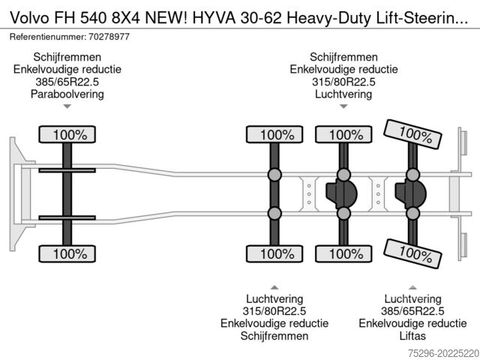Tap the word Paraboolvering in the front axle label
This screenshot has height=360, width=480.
[x=67, y=94]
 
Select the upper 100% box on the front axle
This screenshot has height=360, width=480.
[x=67, y=135]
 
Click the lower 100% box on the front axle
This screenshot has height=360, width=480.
[x=67, y=253]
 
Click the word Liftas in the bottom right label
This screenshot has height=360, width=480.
[x=412, y=336]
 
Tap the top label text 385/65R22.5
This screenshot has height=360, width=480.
[x=67, y=82]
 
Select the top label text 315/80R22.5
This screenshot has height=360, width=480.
[x=343, y=82]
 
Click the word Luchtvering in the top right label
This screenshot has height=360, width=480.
[x=343, y=94]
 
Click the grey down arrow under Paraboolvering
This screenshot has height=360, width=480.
[x=67, y=106]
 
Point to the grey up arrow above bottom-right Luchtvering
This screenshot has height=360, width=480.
[x=412, y=287]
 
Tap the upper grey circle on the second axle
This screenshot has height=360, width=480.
[x=274, y=175]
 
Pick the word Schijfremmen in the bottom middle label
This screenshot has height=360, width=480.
[x=274, y=336]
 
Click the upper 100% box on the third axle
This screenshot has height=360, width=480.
[x=343, y=135]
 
